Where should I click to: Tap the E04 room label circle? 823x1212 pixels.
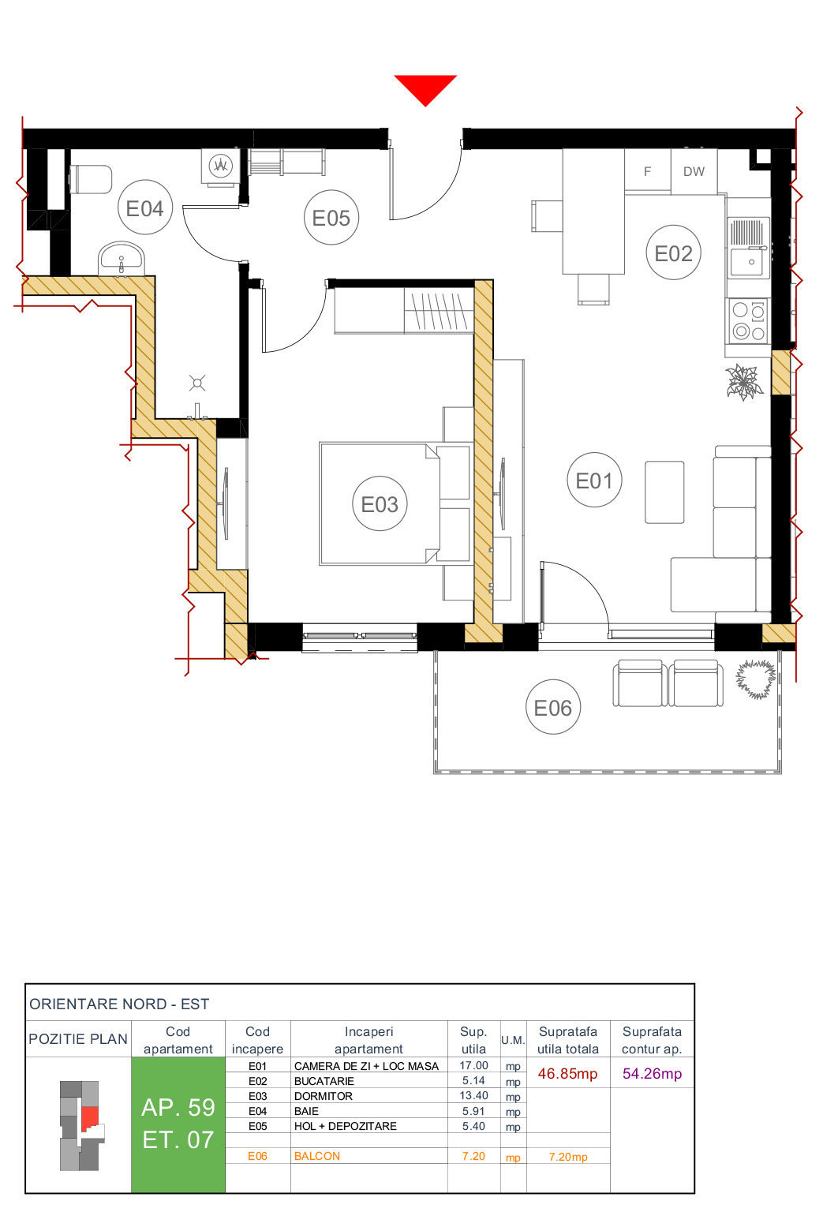click(x=145, y=208)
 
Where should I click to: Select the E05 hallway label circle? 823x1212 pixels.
click(x=331, y=218)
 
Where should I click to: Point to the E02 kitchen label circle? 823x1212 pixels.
click(x=673, y=253)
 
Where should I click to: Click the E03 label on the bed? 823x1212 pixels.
click(x=380, y=504)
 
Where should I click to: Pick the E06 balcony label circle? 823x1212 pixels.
click(x=552, y=708)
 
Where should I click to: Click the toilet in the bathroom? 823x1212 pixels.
click(x=91, y=179)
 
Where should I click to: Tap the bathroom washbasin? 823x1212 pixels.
click(x=122, y=258)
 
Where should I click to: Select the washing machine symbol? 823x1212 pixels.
click(x=220, y=166)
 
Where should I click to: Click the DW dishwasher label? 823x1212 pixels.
click(x=694, y=171)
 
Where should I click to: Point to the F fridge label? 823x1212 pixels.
click(x=648, y=171)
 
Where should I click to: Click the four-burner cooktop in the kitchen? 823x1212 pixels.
click(x=748, y=321)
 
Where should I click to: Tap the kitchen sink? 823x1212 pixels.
click(x=748, y=248)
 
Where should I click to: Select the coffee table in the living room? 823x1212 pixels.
click(x=664, y=492)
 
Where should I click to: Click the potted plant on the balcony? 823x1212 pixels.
click(x=756, y=679)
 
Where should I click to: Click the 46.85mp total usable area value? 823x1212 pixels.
click(x=567, y=1074)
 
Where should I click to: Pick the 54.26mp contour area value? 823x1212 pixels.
click(x=652, y=1074)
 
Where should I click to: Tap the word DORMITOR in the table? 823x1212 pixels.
click(x=324, y=1096)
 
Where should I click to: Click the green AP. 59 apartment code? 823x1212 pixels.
click(x=178, y=1108)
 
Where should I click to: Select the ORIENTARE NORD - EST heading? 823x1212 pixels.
click(x=119, y=1004)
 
